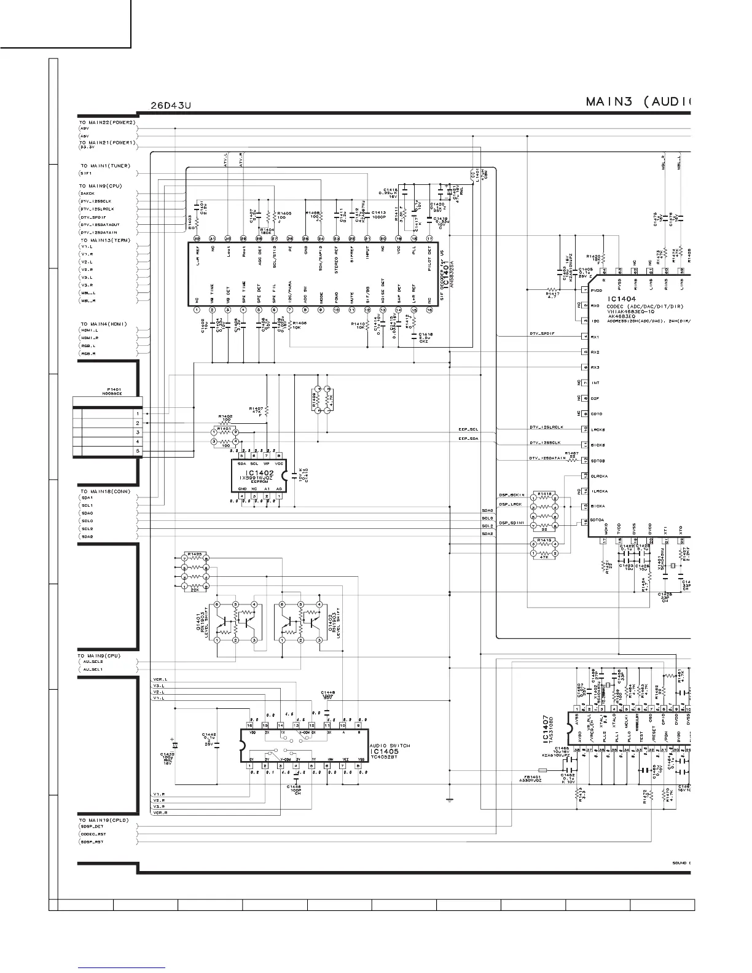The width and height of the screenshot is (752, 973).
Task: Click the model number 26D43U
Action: pyautogui.click(x=171, y=106)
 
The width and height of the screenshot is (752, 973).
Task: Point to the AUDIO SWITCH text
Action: pyautogui.click(x=390, y=745)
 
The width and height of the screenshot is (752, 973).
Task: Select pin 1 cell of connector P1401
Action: pyautogui.click(x=138, y=414)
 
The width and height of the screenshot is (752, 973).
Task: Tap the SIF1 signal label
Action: pyautogui.click(x=87, y=174)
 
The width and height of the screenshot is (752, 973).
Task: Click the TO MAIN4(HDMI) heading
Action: pyautogui.click(x=103, y=324)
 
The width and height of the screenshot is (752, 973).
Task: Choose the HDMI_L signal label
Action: pyautogui.click(x=89, y=330)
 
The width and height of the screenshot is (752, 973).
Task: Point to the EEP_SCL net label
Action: pyautogui.click(x=468, y=429)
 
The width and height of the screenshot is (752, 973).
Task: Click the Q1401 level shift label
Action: pyautogui.click(x=200, y=625)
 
